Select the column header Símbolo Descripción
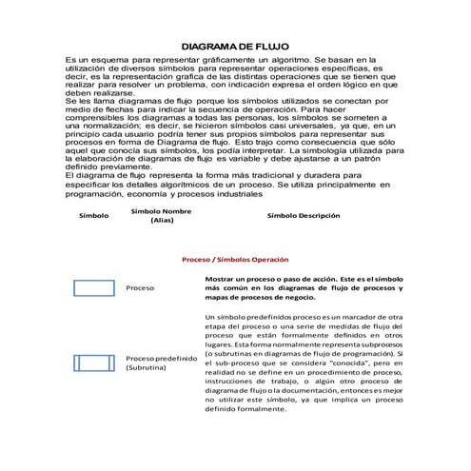303,215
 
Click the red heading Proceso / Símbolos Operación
235,259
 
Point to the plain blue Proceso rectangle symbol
93,287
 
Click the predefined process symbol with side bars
93,362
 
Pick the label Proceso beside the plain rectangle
141,287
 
